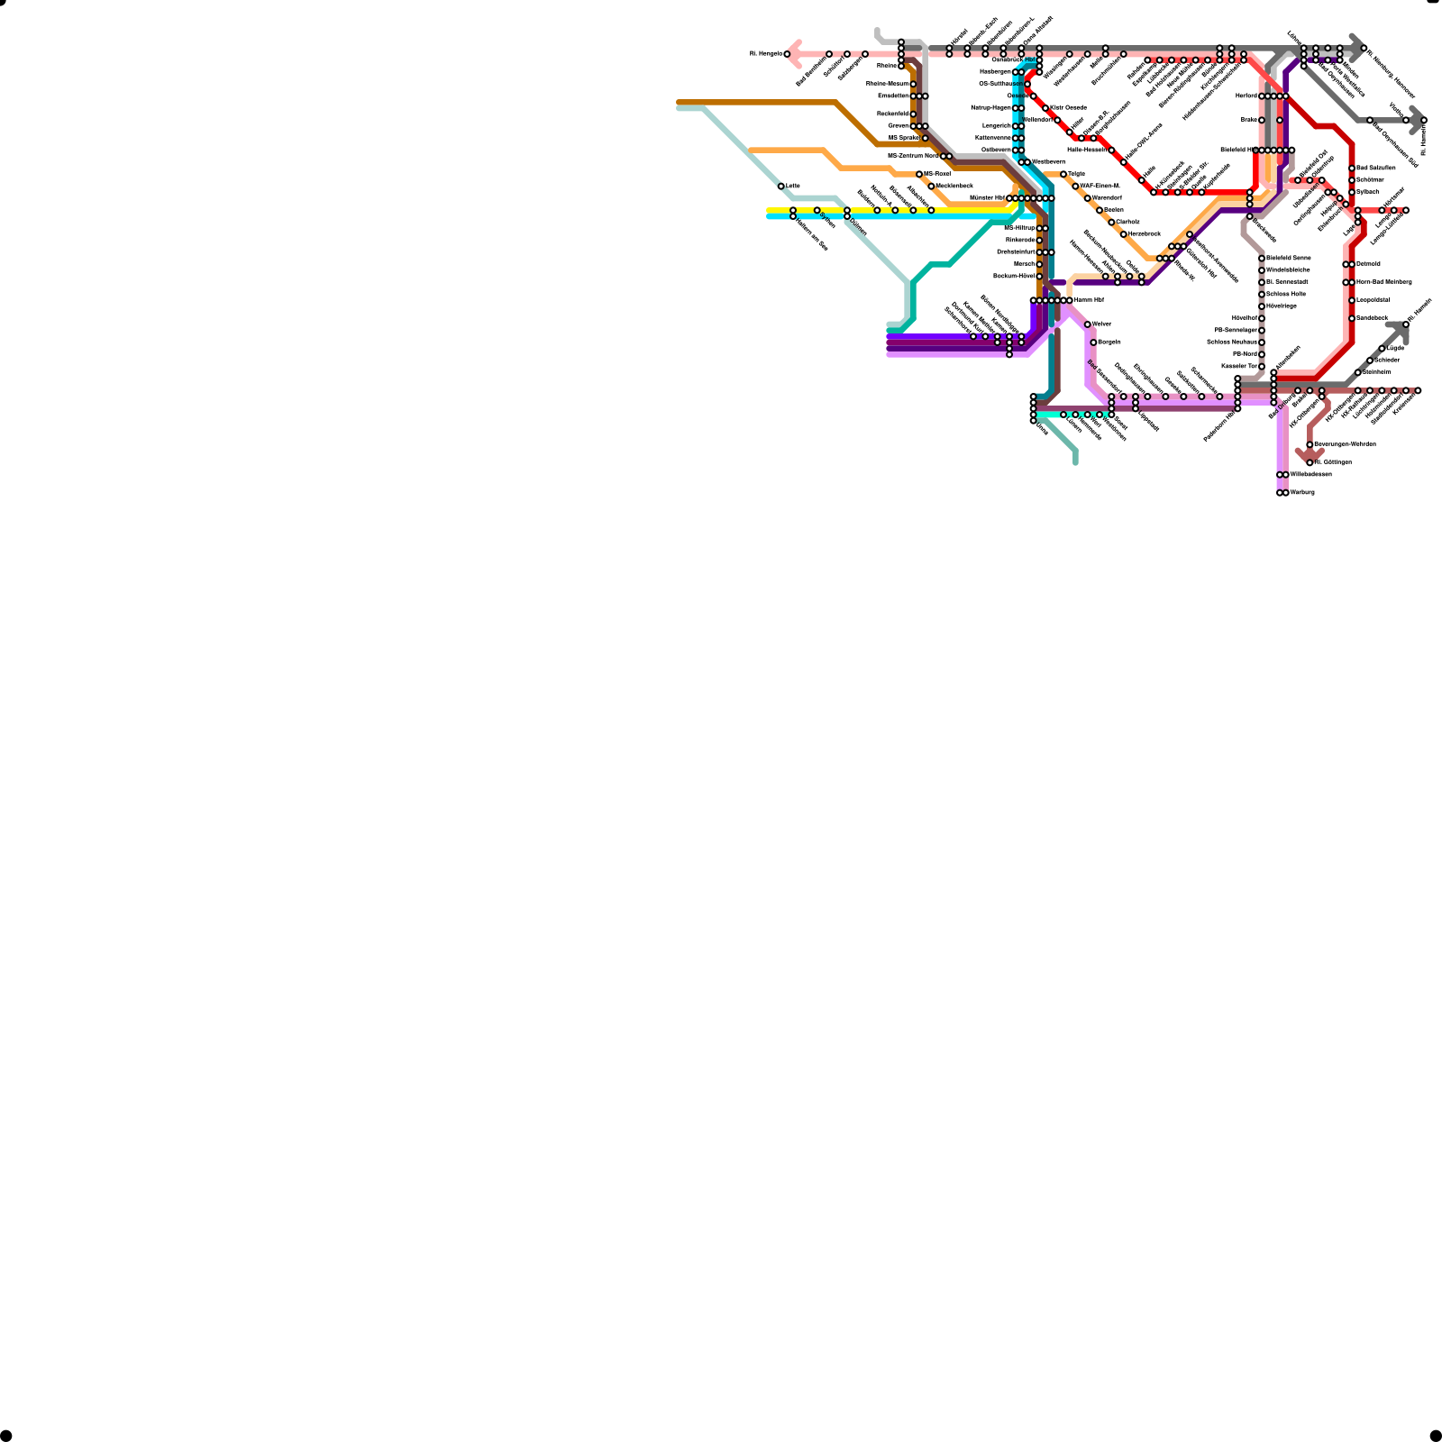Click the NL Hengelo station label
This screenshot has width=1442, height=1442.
(765, 54)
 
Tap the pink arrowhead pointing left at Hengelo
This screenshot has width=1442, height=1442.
(792, 54)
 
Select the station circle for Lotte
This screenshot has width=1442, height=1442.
(781, 187)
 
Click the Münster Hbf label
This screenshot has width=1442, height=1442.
(987, 198)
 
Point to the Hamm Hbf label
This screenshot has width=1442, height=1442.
(1089, 300)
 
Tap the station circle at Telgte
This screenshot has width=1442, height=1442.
(1063, 174)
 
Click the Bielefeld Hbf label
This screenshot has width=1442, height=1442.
(1238, 151)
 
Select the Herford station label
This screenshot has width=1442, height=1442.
(1246, 96)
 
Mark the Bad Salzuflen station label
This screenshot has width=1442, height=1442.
(1376, 169)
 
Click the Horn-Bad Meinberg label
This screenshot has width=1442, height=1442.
(1384, 282)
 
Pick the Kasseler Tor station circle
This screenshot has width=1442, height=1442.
(1262, 367)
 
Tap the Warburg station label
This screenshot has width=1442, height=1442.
(1302, 493)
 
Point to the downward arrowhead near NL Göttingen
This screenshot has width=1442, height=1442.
(1310, 454)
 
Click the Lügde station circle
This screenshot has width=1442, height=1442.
(1382, 349)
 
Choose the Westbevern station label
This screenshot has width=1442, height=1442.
(1048, 162)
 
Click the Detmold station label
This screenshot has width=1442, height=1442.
(1368, 264)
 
